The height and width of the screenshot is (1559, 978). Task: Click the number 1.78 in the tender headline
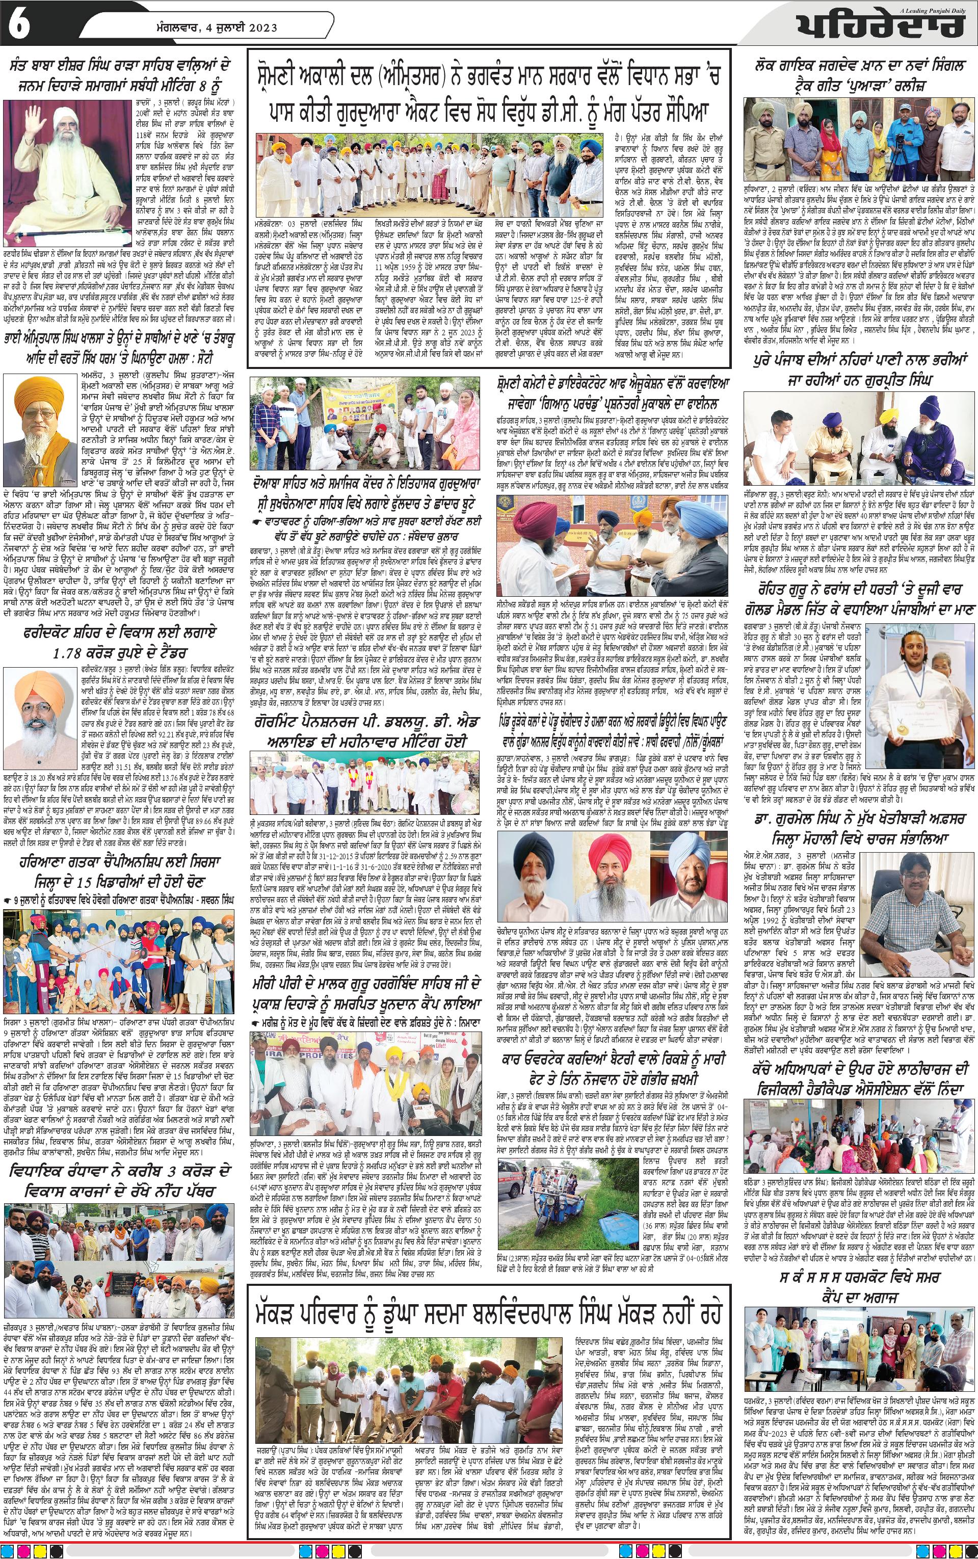click(76, 656)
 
